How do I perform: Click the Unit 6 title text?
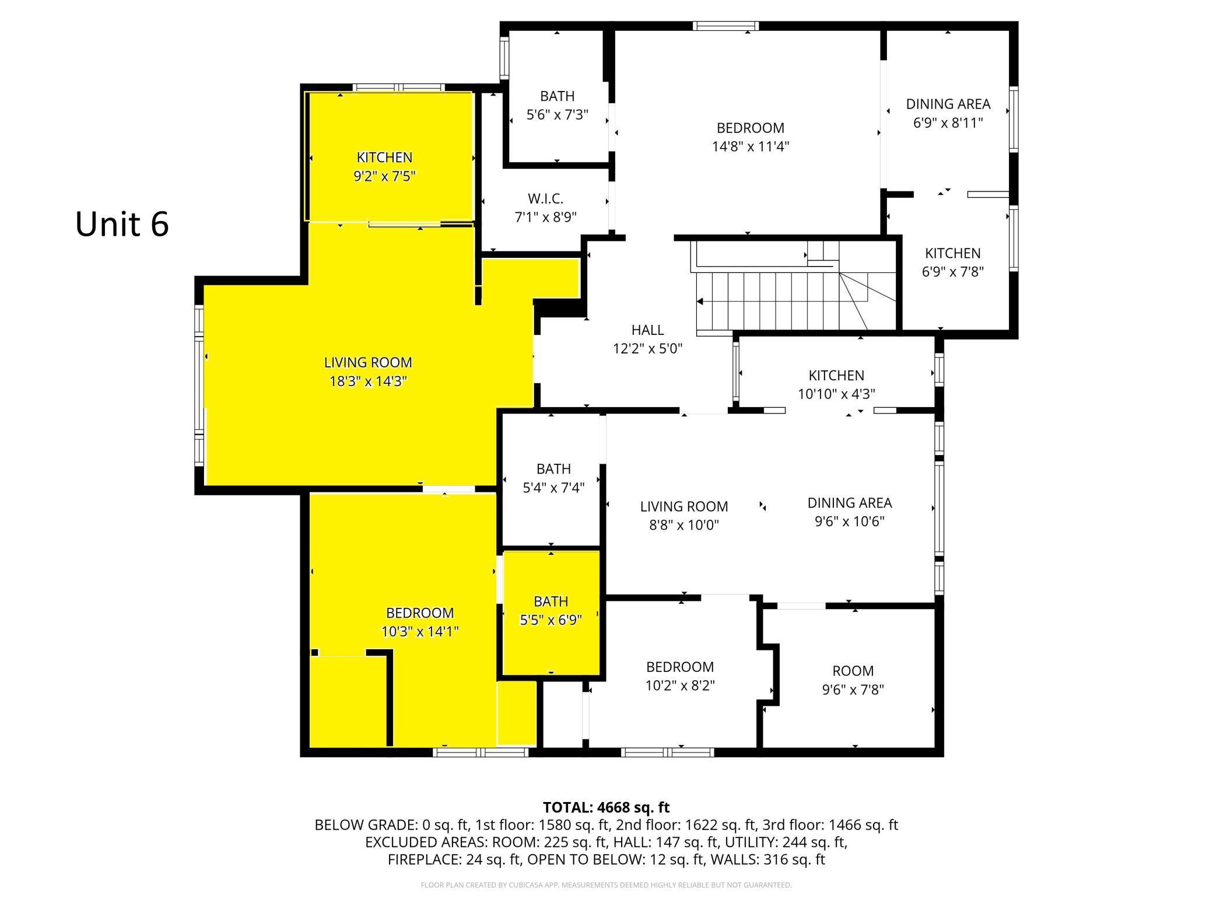click(x=122, y=224)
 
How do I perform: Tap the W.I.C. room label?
click(x=546, y=199)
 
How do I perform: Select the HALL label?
click(x=647, y=330)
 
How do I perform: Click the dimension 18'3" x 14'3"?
click(x=367, y=381)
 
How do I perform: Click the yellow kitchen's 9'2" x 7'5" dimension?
click(x=385, y=176)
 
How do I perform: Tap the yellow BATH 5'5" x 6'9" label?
click(x=551, y=610)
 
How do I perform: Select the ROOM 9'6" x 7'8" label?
click(x=853, y=680)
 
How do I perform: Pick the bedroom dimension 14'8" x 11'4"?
click(x=751, y=146)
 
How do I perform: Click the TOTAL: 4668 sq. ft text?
click(x=606, y=807)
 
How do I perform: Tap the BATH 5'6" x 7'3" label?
click(x=558, y=105)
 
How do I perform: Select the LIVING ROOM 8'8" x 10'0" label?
click(x=684, y=515)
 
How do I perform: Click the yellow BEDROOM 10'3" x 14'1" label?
click(x=420, y=622)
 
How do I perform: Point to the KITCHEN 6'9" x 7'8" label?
click(x=953, y=262)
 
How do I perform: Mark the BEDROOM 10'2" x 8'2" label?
click(x=680, y=675)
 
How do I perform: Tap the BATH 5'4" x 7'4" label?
click(x=553, y=478)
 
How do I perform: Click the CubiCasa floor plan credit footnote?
click(x=606, y=885)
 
